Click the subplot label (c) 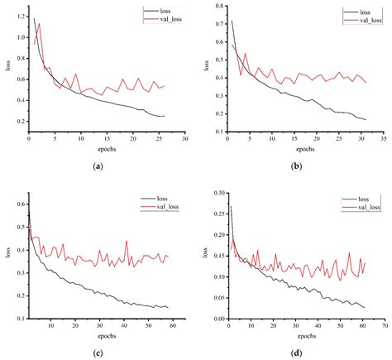point(99,353)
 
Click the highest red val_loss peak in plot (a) point(38,24)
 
